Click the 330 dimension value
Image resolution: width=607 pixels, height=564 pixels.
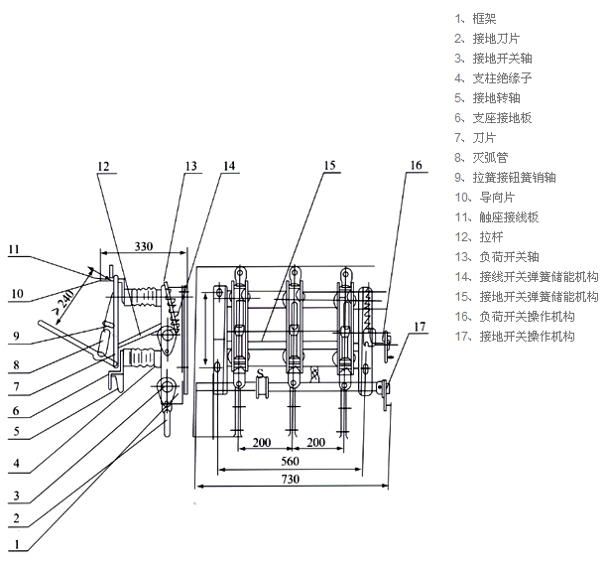click(x=143, y=246)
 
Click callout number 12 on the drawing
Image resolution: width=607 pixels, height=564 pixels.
click(x=106, y=166)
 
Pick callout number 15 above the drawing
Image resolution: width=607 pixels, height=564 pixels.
click(x=329, y=166)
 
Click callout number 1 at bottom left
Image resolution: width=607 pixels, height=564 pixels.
click(x=17, y=543)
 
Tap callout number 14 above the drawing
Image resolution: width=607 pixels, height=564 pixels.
click(x=229, y=166)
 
